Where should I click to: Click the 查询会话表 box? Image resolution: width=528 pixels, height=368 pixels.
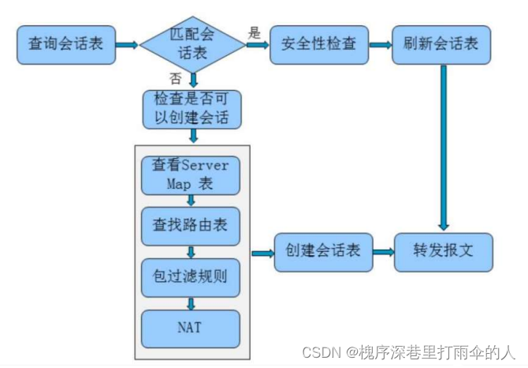65,43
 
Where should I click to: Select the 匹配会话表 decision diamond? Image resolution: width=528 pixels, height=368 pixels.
192,44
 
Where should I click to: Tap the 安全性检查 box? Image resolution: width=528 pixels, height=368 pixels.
318,43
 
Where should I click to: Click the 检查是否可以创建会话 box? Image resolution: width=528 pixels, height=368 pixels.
191,110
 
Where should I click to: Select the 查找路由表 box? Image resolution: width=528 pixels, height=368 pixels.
190,225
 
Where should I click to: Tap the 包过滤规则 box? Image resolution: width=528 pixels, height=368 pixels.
190,276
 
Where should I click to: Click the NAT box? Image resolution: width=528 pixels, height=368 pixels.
190,329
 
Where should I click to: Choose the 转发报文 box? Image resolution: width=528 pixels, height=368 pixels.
443,252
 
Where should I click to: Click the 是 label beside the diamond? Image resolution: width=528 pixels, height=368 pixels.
255,32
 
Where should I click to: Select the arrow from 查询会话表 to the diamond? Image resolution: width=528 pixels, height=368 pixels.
126,44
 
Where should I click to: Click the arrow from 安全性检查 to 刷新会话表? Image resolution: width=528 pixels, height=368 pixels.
380,44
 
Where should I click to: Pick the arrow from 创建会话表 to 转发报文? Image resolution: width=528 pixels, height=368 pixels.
383,253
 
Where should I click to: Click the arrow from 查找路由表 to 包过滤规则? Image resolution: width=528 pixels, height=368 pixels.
191,251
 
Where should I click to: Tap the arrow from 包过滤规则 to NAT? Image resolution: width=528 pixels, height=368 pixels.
191,303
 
